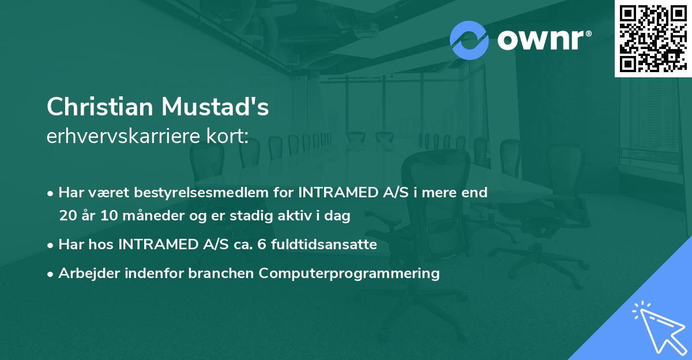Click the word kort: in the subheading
[230, 137]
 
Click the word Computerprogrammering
[349, 273]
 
